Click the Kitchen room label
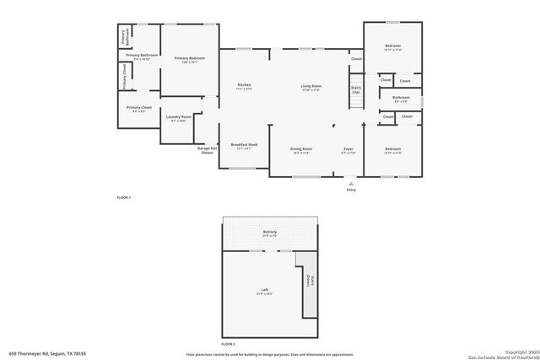244,85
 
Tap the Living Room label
311,85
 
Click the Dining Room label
301,149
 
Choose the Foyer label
348,149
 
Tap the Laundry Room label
179,117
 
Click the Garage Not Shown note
205,151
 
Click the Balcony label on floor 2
270,232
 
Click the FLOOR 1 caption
123,196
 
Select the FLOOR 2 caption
228,344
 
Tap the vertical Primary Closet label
124,76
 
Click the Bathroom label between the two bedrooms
400,98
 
